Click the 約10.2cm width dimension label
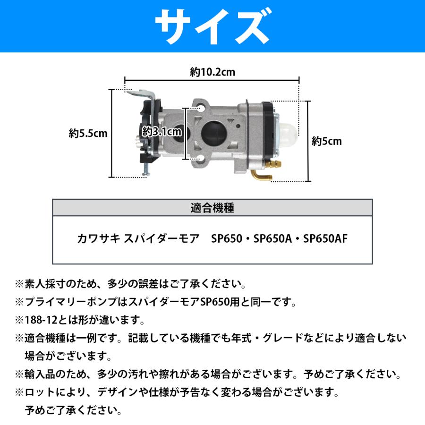tap(212, 72)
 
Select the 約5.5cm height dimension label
tap(88, 134)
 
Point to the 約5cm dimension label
tap(327, 141)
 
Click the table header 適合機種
tap(212, 208)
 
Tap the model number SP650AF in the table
tap(325, 238)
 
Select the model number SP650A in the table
tap(271, 238)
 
